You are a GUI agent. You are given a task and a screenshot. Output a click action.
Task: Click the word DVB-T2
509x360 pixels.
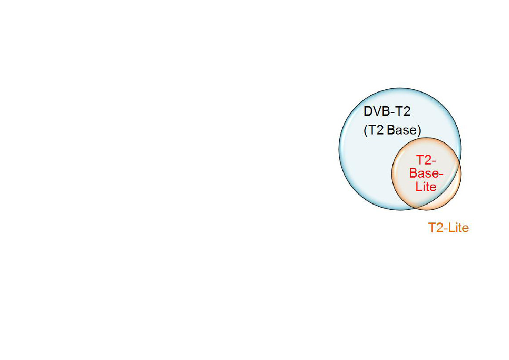pos(387,112)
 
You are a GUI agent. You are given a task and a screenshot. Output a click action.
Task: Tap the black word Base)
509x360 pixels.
pos(403,131)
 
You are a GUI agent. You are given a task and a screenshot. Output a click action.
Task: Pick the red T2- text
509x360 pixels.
pos(426,160)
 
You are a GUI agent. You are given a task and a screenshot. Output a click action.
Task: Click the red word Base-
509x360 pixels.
pos(426,173)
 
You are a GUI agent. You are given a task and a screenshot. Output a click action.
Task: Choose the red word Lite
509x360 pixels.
pos(426,187)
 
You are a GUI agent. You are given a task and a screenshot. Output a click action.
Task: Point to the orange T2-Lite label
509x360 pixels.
pos(448,228)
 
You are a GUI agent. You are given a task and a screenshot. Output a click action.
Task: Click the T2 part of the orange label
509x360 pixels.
pos(435,228)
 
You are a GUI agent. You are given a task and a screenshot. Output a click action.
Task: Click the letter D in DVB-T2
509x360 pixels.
pos(368,112)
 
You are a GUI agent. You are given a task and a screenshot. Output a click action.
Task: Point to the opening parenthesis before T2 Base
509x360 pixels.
pos(365,131)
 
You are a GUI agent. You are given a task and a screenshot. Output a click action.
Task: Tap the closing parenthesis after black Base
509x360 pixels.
pos(419,131)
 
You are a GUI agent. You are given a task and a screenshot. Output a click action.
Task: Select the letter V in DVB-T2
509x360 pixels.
pos(376,112)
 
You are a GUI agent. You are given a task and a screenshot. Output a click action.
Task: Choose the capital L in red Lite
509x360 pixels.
pos(419,187)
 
